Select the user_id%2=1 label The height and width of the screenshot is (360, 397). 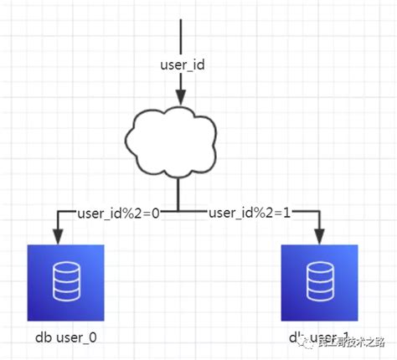[249, 213]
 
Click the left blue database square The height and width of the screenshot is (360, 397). [65, 283]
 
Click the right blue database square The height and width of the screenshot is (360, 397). [319, 283]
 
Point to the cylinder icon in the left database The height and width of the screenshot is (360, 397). [65, 283]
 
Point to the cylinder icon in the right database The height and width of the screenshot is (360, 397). [319, 283]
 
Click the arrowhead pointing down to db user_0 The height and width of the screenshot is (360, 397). [57, 238]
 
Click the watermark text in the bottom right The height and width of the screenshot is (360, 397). [343, 341]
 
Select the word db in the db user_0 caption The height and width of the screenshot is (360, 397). [43, 337]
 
